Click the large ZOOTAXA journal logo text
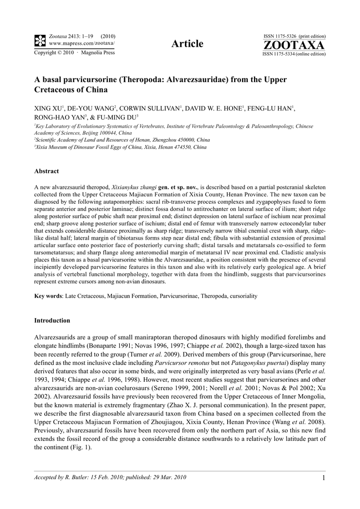point(294,45)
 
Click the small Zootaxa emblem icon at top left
point(40,40)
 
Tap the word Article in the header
point(187,44)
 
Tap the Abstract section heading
point(46,171)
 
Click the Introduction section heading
point(52,320)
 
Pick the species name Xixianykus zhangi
point(134,186)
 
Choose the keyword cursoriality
point(241,296)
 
